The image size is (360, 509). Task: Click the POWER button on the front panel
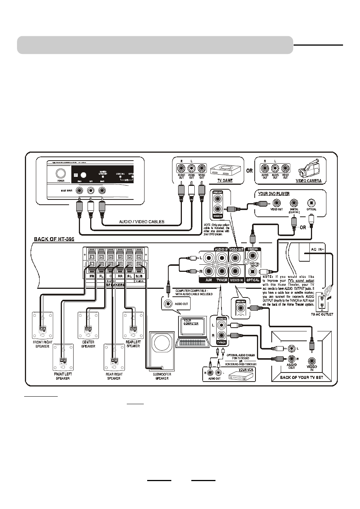tap(60, 174)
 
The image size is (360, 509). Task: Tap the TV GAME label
tap(225, 181)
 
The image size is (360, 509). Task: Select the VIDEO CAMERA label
tap(309, 181)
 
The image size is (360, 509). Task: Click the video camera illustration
tap(311, 169)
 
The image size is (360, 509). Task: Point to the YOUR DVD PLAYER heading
tap(274, 194)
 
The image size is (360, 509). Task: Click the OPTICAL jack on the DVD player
tap(311, 203)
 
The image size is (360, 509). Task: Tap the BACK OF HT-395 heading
tap(54, 239)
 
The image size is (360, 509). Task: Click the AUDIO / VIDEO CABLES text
tap(142, 222)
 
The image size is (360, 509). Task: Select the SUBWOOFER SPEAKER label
tap(162, 376)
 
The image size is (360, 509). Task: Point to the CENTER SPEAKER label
tap(88, 344)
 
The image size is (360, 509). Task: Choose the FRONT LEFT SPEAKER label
tap(63, 376)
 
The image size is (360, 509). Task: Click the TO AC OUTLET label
tap(322, 314)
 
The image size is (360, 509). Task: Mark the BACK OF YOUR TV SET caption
tap(301, 377)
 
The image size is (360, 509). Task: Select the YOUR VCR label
tap(246, 369)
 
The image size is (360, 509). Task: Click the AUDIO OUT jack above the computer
tap(168, 304)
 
